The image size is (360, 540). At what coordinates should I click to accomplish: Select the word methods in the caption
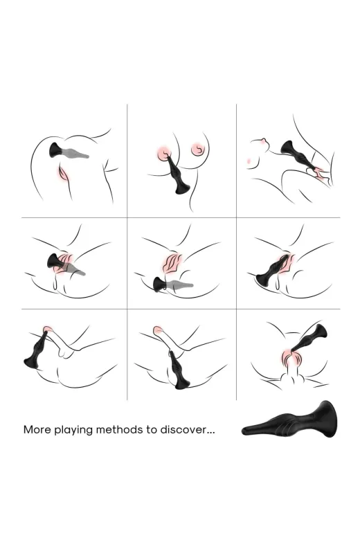[x=119, y=429]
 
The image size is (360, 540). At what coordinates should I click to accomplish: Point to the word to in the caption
[x=151, y=430]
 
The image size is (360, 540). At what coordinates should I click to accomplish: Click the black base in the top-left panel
[x=56, y=150]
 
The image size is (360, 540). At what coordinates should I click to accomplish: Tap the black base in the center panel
[x=159, y=285]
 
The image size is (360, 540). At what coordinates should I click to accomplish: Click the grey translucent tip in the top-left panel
[x=76, y=152]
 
